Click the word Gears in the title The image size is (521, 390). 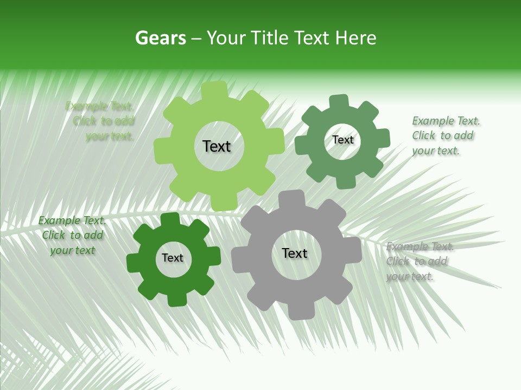[x=160, y=38]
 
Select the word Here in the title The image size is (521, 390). [x=355, y=38]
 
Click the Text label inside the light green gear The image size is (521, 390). [x=217, y=146]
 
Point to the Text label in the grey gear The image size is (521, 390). [x=295, y=253]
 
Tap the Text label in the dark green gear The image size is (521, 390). [x=173, y=258]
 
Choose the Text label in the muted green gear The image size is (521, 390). [x=342, y=140]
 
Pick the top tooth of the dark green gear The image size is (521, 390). [x=170, y=220]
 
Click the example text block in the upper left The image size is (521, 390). [x=103, y=121]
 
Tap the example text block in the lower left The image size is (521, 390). [x=72, y=235]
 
